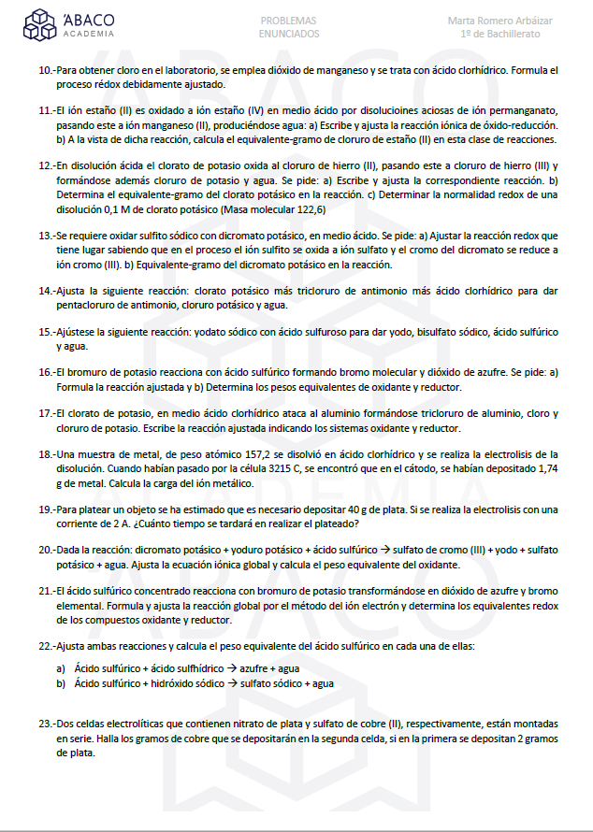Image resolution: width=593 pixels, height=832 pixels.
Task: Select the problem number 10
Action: pyautogui.click(x=45, y=71)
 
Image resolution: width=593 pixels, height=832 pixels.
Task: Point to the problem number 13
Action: pyautogui.click(x=45, y=237)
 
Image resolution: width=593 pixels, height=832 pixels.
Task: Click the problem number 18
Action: pyautogui.click(x=45, y=454)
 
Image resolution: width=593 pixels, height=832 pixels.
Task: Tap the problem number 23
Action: pyautogui.click(x=45, y=725)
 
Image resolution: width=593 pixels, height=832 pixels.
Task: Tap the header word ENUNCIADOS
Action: pyautogui.click(x=288, y=34)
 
